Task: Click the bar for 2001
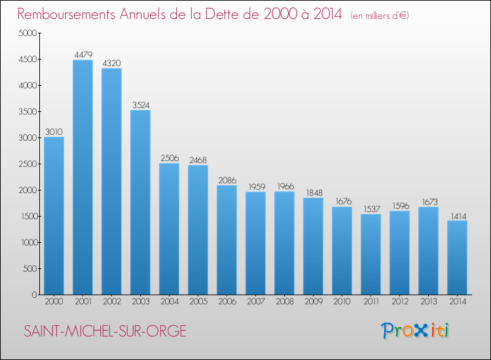(82, 177)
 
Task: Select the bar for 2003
(140, 202)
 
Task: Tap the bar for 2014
(457, 258)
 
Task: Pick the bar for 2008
(284, 243)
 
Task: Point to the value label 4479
(83, 55)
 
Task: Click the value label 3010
(54, 132)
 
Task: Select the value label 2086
(227, 180)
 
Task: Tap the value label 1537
(372, 209)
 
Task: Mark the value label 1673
(429, 202)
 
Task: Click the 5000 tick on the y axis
(28, 33)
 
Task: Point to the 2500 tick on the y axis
(28, 164)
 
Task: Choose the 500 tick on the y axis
(29, 268)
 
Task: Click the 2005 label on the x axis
(198, 302)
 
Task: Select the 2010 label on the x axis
(342, 302)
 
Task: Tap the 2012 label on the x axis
(400, 302)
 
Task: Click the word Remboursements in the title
(66, 14)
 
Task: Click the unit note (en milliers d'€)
(380, 16)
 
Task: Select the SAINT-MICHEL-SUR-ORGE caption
(105, 331)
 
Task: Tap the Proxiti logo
(415, 331)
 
